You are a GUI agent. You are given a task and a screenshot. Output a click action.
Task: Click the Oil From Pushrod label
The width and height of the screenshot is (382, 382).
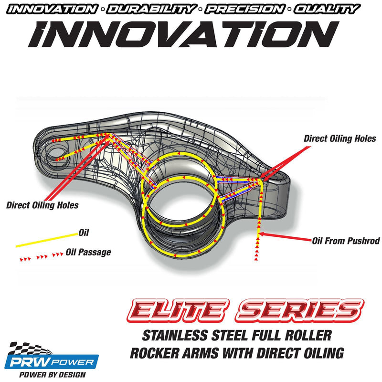tap(346, 241)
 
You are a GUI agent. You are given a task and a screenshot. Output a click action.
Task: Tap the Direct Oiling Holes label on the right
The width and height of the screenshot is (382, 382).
tap(340, 139)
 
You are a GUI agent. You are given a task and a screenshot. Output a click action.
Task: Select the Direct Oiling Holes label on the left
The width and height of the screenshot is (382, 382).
tap(42, 206)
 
